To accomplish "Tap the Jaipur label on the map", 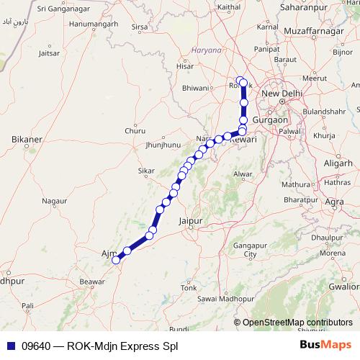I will [x=192, y=222].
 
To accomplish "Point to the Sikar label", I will [x=146, y=171].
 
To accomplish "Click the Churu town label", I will [x=135, y=131].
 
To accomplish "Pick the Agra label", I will [x=334, y=202].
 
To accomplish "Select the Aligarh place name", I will [x=338, y=164].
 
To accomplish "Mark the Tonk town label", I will [x=189, y=287].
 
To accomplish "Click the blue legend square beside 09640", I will [x=9, y=346].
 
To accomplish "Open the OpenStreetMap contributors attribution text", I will [x=297, y=323].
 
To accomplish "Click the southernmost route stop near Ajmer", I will [x=115, y=261].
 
